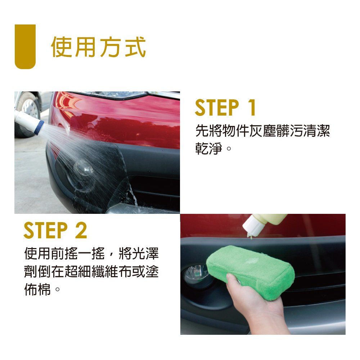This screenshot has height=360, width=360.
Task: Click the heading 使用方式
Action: (x=98, y=47)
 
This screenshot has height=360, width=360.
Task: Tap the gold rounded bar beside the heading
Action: (x=25, y=46)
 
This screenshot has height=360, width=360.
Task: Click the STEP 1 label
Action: (x=225, y=107)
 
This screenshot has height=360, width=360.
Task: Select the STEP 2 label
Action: (x=55, y=230)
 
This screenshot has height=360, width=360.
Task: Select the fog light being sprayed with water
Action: (x=84, y=167)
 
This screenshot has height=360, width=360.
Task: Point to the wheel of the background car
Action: (x=27, y=114)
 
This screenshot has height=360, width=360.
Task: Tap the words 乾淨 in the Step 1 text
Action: (x=209, y=148)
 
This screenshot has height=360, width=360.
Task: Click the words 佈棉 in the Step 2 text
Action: (x=37, y=289)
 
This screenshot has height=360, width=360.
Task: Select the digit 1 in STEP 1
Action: (x=252, y=107)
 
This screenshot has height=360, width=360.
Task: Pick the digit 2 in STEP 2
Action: (x=81, y=230)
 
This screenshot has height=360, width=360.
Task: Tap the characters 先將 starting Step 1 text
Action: (x=209, y=131)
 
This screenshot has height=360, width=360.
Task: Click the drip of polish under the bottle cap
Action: (x=251, y=237)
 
